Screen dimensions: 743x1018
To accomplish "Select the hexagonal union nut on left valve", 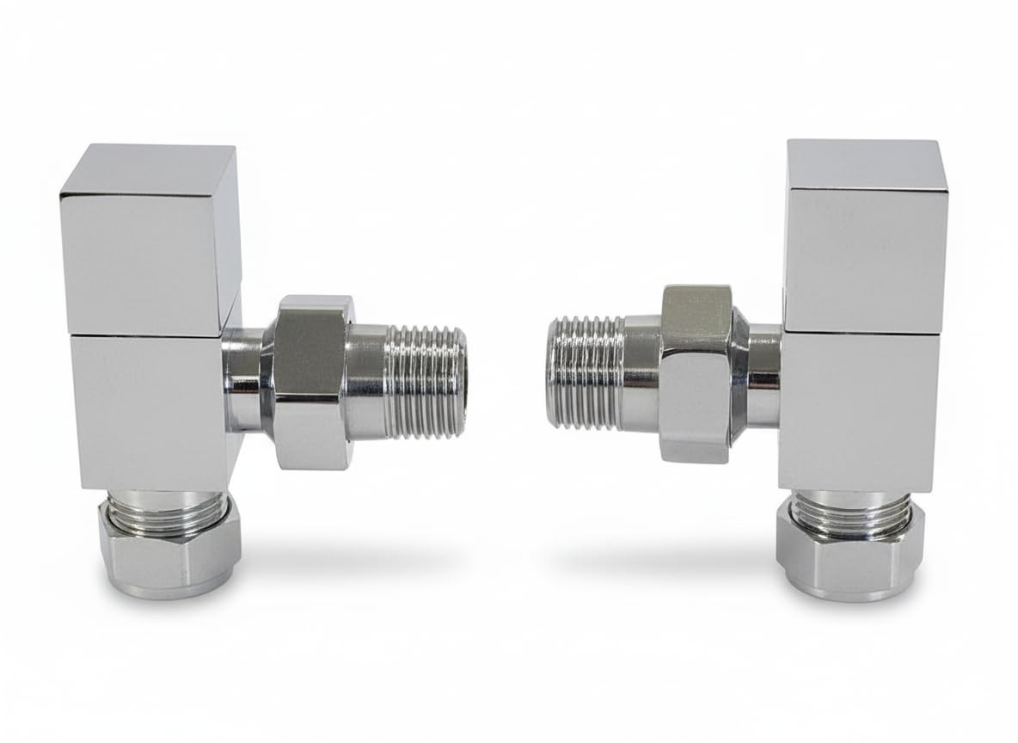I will pos(309,383).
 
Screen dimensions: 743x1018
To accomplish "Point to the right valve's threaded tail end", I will pos(585,372).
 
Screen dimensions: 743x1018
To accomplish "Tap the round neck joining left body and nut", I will pos(244,378).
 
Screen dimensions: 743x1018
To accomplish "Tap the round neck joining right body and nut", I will pos(763,374).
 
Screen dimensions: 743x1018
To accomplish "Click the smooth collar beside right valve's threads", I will pos(641,374).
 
